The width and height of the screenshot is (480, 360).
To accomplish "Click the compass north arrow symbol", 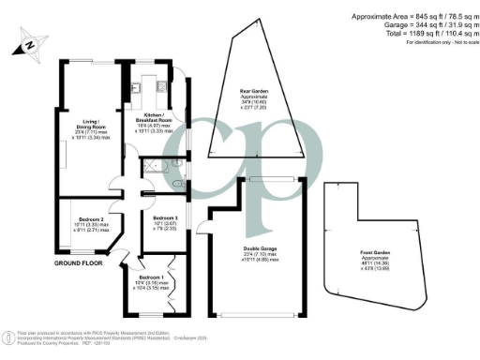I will click(x=31, y=41).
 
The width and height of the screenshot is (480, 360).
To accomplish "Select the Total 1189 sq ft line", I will click(x=419, y=34).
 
